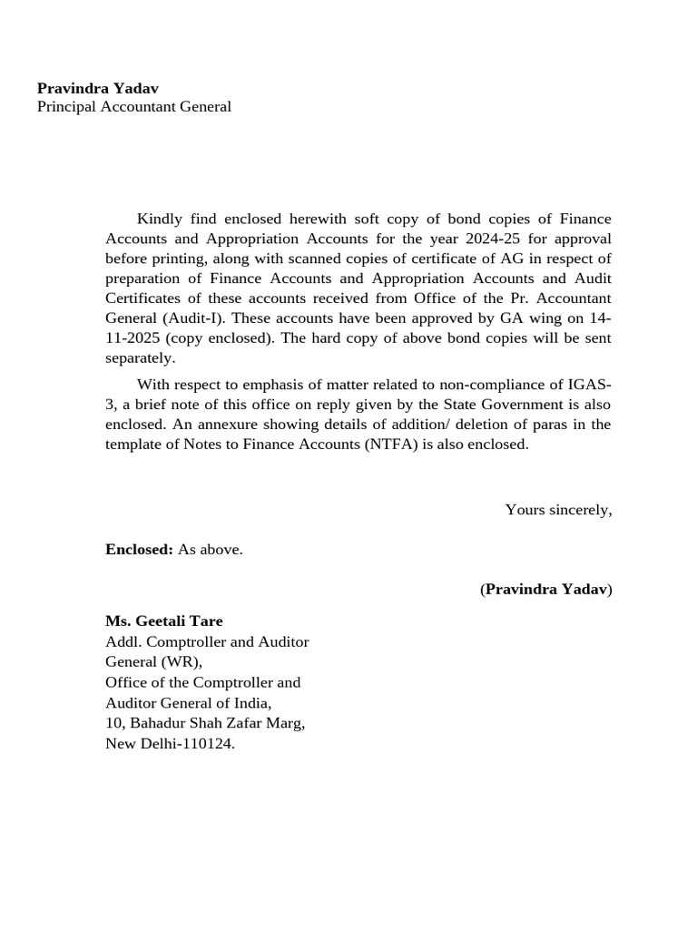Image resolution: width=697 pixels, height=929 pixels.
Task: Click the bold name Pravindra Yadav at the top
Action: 97,88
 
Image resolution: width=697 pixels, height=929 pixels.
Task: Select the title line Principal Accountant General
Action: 133,107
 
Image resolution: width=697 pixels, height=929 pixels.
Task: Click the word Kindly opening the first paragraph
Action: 159,219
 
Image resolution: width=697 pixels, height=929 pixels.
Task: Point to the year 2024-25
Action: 466,239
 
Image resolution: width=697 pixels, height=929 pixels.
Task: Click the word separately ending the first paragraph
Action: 140,358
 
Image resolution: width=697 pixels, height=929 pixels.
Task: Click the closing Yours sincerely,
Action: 558,510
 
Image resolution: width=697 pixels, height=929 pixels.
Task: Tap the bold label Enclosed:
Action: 139,550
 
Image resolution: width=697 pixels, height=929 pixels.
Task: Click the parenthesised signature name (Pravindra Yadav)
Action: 545,590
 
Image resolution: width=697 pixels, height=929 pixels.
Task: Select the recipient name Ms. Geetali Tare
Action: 163,621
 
